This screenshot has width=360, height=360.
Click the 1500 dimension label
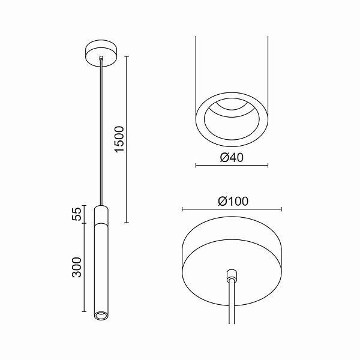coord(119,139)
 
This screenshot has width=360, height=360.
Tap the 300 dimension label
coord(77,267)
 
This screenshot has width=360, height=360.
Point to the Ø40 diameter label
coord(232,158)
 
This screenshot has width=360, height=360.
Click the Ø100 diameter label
coord(233,202)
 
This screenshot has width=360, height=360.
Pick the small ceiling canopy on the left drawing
coord(101,53)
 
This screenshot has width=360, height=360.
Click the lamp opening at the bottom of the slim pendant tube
coord(101,315)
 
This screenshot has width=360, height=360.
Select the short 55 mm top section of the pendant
coord(101,214)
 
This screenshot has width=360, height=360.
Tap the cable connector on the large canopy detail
coord(232,275)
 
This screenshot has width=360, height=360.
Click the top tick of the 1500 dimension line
coord(127,56)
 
